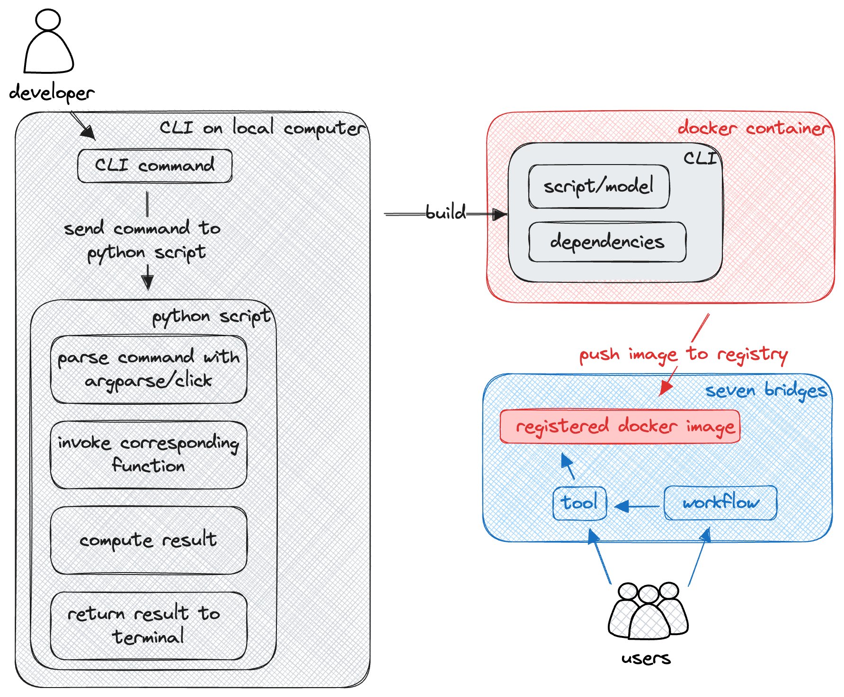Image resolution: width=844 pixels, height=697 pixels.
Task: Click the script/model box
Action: click(599, 186)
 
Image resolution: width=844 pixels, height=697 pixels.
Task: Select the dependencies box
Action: click(607, 242)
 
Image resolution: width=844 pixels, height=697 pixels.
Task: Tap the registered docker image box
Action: click(620, 427)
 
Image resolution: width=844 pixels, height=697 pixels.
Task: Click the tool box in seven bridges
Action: click(580, 503)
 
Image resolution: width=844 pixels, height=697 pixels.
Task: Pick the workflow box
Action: click(720, 503)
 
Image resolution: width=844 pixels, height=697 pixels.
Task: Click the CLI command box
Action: click(155, 166)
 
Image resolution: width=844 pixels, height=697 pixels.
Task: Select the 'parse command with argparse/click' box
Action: click(149, 369)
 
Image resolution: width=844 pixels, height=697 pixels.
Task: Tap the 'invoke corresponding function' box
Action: click(149, 454)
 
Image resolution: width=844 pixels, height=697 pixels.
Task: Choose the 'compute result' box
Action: click(149, 540)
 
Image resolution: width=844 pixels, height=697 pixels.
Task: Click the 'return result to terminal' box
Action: click(149, 625)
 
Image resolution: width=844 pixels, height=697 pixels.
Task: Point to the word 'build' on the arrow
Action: click(445, 213)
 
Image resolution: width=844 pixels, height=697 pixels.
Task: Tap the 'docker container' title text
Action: click(753, 128)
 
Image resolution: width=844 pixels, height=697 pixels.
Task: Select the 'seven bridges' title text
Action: click(766, 391)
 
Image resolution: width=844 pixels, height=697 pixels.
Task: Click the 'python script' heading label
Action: click(213, 316)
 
